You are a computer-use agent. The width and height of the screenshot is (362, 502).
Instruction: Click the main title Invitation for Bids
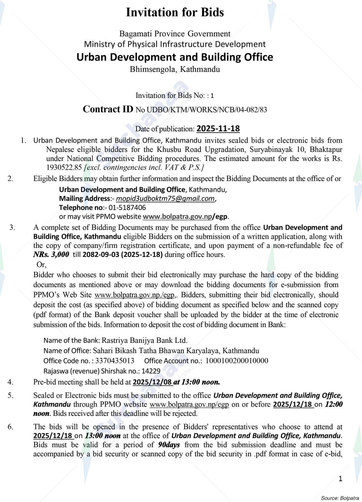(x=175, y=12)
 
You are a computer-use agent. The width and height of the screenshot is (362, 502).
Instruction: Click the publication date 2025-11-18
(x=218, y=129)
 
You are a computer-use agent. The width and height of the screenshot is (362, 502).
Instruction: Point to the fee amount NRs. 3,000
(x=51, y=255)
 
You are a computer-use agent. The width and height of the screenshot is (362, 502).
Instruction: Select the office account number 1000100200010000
(x=237, y=361)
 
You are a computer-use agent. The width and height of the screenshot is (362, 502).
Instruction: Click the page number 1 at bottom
(x=341, y=479)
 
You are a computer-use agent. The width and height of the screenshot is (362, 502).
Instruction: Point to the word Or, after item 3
(x=41, y=264)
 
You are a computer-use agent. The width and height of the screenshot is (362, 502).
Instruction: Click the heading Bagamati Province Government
(x=175, y=33)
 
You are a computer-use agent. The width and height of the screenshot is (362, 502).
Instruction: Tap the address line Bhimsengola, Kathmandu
(x=175, y=69)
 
